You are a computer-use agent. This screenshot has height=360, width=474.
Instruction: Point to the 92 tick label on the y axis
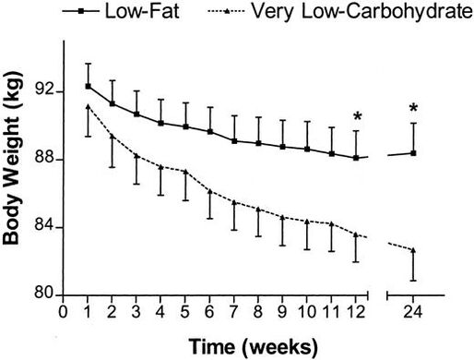[x=43, y=91]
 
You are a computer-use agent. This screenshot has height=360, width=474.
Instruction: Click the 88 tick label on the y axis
[x=43, y=160]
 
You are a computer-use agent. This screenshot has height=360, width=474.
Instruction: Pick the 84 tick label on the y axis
[x=43, y=228]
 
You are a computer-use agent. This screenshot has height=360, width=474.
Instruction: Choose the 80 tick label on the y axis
[x=43, y=296]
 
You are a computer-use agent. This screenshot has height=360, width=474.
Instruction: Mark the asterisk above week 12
[x=357, y=117]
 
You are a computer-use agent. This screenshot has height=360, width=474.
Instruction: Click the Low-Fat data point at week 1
[x=88, y=86]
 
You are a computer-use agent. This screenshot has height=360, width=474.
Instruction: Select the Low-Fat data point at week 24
[x=413, y=152]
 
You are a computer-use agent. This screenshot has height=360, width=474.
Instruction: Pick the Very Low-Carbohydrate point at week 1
[x=88, y=107]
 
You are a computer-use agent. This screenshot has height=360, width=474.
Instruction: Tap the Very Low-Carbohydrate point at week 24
[x=413, y=250]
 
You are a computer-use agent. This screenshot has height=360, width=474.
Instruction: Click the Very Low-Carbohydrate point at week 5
[x=185, y=172]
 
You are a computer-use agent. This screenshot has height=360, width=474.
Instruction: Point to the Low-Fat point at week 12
[x=356, y=158]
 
